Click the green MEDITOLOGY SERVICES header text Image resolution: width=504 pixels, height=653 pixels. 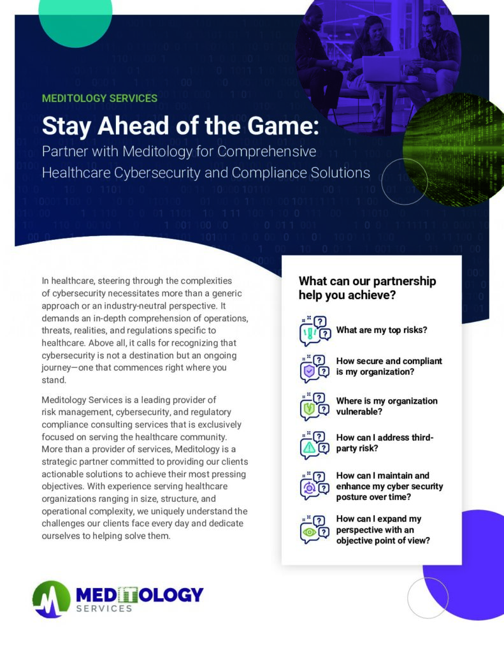[99, 98]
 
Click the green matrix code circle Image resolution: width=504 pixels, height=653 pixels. [454, 150]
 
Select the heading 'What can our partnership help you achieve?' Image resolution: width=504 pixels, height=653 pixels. [367, 288]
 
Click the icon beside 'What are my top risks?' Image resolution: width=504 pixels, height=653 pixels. [315, 331]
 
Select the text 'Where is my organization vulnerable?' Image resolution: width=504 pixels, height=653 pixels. [387, 406]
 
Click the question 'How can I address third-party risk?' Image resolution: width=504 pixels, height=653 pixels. [385, 443]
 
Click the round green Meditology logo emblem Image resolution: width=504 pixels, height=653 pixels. [52, 599]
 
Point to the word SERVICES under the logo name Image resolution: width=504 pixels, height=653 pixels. [104, 608]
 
